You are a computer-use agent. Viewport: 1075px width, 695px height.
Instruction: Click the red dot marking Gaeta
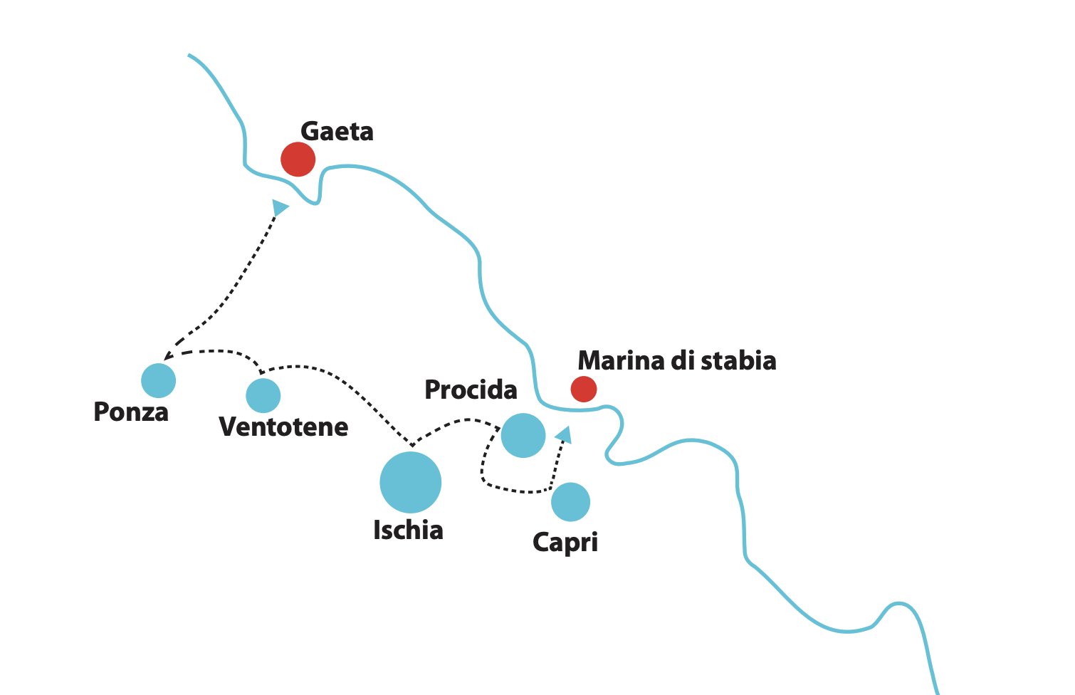pyautogui.click(x=298, y=159)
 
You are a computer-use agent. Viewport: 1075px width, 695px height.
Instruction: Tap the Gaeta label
pyautogui.click(x=337, y=132)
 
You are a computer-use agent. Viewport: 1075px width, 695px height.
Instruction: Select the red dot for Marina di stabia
pyautogui.click(x=584, y=389)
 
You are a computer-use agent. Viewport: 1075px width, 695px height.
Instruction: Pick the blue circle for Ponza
pyautogui.click(x=158, y=380)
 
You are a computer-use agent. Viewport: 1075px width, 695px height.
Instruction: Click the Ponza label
pyautogui.click(x=131, y=412)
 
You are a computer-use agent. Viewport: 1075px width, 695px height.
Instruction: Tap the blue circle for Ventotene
pyautogui.click(x=263, y=395)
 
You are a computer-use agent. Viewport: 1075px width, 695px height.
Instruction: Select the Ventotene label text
pyautogui.click(x=283, y=427)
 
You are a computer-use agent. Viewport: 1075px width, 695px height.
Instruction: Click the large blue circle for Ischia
pyautogui.click(x=410, y=482)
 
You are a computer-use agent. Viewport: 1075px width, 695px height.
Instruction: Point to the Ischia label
pyautogui.click(x=408, y=531)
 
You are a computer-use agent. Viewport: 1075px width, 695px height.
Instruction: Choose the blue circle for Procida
pyautogui.click(x=523, y=435)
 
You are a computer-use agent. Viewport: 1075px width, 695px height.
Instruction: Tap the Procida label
pyautogui.click(x=471, y=390)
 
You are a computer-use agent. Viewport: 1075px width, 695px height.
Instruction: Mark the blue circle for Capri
pyautogui.click(x=570, y=501)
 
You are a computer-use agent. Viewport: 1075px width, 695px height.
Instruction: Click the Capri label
pyautogui.click(x=565, y=543)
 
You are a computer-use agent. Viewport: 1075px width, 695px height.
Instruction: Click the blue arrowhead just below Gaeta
pyautogui.click(x=280, y=207)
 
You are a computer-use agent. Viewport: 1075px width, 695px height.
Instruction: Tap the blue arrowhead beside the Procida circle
pyautogui.click(x=565, y=434)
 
